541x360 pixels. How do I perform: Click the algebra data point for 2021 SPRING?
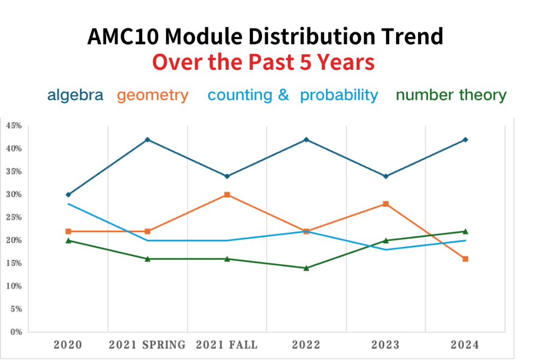click(147, 140)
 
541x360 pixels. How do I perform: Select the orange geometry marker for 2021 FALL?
click(227, 195)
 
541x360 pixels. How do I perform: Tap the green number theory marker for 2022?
click(306, 268)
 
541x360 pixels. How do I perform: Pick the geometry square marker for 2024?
click(465, 259)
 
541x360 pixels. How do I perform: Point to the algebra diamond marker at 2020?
click(68, 195)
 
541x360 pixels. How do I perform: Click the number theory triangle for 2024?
click(465, 231)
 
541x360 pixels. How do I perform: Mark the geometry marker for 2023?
click(386, 204)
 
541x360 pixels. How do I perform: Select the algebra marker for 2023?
click(386, 176)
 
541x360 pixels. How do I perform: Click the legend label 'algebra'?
click(75, 95)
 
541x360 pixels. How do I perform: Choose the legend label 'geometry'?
click(153, 95)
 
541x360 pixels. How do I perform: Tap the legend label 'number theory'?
click(451, 95)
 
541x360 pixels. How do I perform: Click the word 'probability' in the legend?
click(339, 95)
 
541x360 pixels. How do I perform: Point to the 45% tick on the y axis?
click(14, 126)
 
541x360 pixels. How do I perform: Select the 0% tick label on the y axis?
click(15, 332)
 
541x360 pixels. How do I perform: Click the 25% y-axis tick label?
click(14, 217)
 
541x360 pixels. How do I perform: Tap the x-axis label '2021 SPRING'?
click(147, 345)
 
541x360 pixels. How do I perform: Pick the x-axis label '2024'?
click(465, 345)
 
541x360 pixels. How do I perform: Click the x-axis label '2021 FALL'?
click(227, 345)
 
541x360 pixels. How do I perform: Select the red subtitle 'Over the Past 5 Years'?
click(264, 62)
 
